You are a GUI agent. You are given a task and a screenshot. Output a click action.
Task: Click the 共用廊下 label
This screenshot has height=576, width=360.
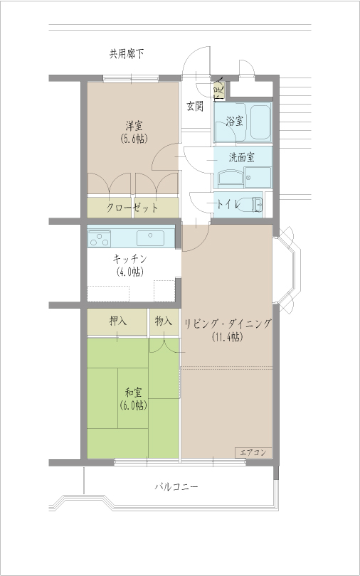point(127,54)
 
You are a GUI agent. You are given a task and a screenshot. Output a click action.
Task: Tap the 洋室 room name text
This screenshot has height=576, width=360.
point(133,125)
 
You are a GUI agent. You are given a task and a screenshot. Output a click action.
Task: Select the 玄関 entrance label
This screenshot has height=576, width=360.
point(195,107)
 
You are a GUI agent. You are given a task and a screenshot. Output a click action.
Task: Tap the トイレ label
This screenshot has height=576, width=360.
point(228,204)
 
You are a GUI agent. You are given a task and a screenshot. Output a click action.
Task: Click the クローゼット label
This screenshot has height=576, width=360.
point(132,208)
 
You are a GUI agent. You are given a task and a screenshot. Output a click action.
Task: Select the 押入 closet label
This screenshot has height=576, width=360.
point(118,321)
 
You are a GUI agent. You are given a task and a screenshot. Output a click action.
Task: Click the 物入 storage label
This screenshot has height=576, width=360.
point(164,321)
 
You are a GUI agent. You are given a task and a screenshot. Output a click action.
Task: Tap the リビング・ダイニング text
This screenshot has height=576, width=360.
point(228,324)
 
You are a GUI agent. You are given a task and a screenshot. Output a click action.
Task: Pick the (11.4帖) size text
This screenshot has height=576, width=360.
point(227,338)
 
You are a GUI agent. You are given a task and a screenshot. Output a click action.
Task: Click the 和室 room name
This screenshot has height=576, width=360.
point(134,392)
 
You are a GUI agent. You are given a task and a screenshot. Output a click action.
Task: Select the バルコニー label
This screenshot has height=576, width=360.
point(176,488)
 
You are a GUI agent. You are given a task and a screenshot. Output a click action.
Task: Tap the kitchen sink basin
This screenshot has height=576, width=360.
point(152,237)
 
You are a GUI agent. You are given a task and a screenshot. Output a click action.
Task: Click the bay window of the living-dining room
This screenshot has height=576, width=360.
point(287,267)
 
